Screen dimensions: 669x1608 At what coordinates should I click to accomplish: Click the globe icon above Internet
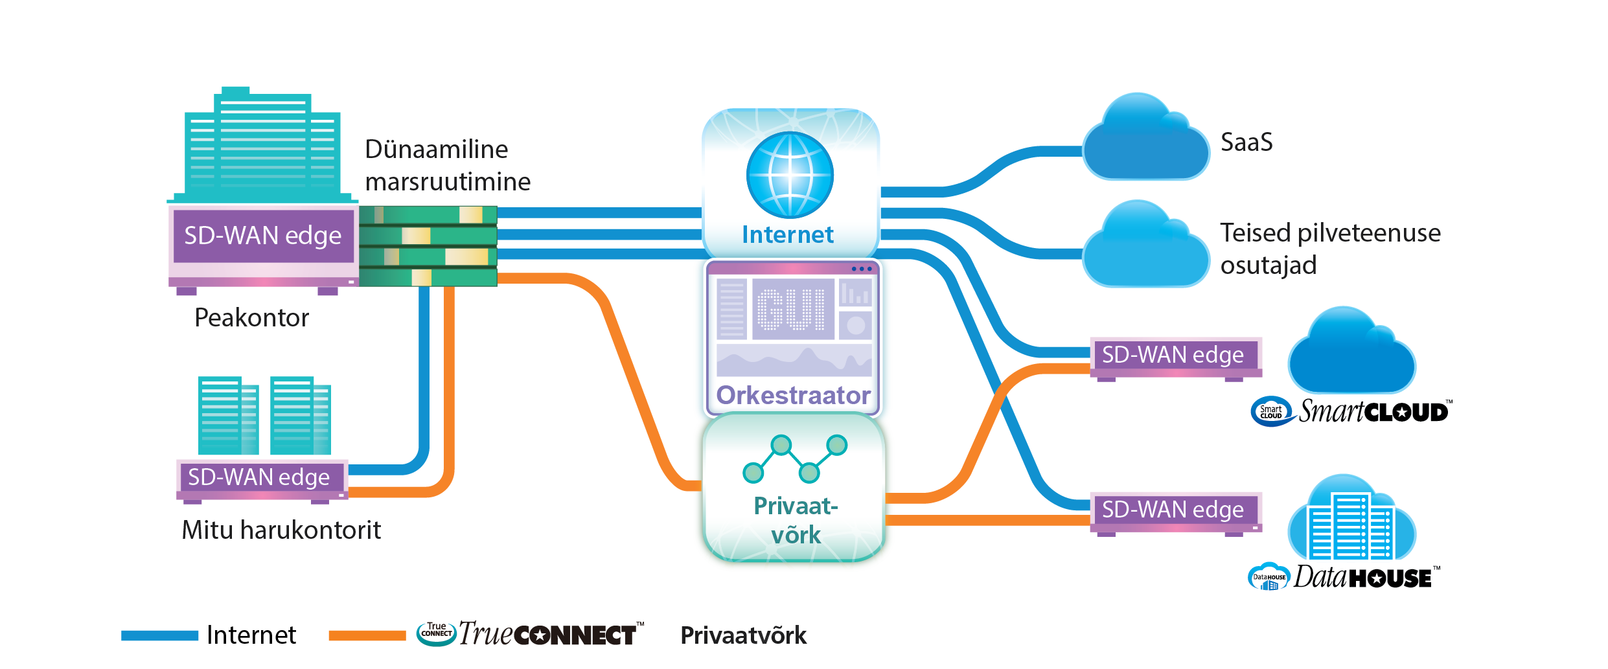790,175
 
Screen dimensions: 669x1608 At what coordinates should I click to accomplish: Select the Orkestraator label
793,395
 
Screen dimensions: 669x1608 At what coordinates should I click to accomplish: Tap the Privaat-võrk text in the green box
796,520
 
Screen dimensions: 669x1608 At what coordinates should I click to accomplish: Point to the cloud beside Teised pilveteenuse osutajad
1145,249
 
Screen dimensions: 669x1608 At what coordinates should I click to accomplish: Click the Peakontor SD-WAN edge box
262,236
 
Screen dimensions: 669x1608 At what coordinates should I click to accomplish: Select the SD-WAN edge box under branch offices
259,477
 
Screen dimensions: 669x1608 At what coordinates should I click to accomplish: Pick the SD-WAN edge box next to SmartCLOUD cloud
1173,355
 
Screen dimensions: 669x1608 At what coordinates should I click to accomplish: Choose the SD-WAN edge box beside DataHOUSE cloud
1173,510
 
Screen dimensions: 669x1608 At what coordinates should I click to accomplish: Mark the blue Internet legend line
160,636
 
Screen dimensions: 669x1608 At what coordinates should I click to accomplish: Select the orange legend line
367,636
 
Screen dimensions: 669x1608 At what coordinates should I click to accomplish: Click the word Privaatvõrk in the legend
743,635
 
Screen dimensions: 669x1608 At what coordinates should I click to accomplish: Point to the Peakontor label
251,318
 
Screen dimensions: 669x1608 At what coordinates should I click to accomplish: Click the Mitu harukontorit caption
281,530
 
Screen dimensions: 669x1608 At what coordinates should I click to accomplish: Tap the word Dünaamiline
437,150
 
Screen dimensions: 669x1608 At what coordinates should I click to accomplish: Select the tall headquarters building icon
262,146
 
